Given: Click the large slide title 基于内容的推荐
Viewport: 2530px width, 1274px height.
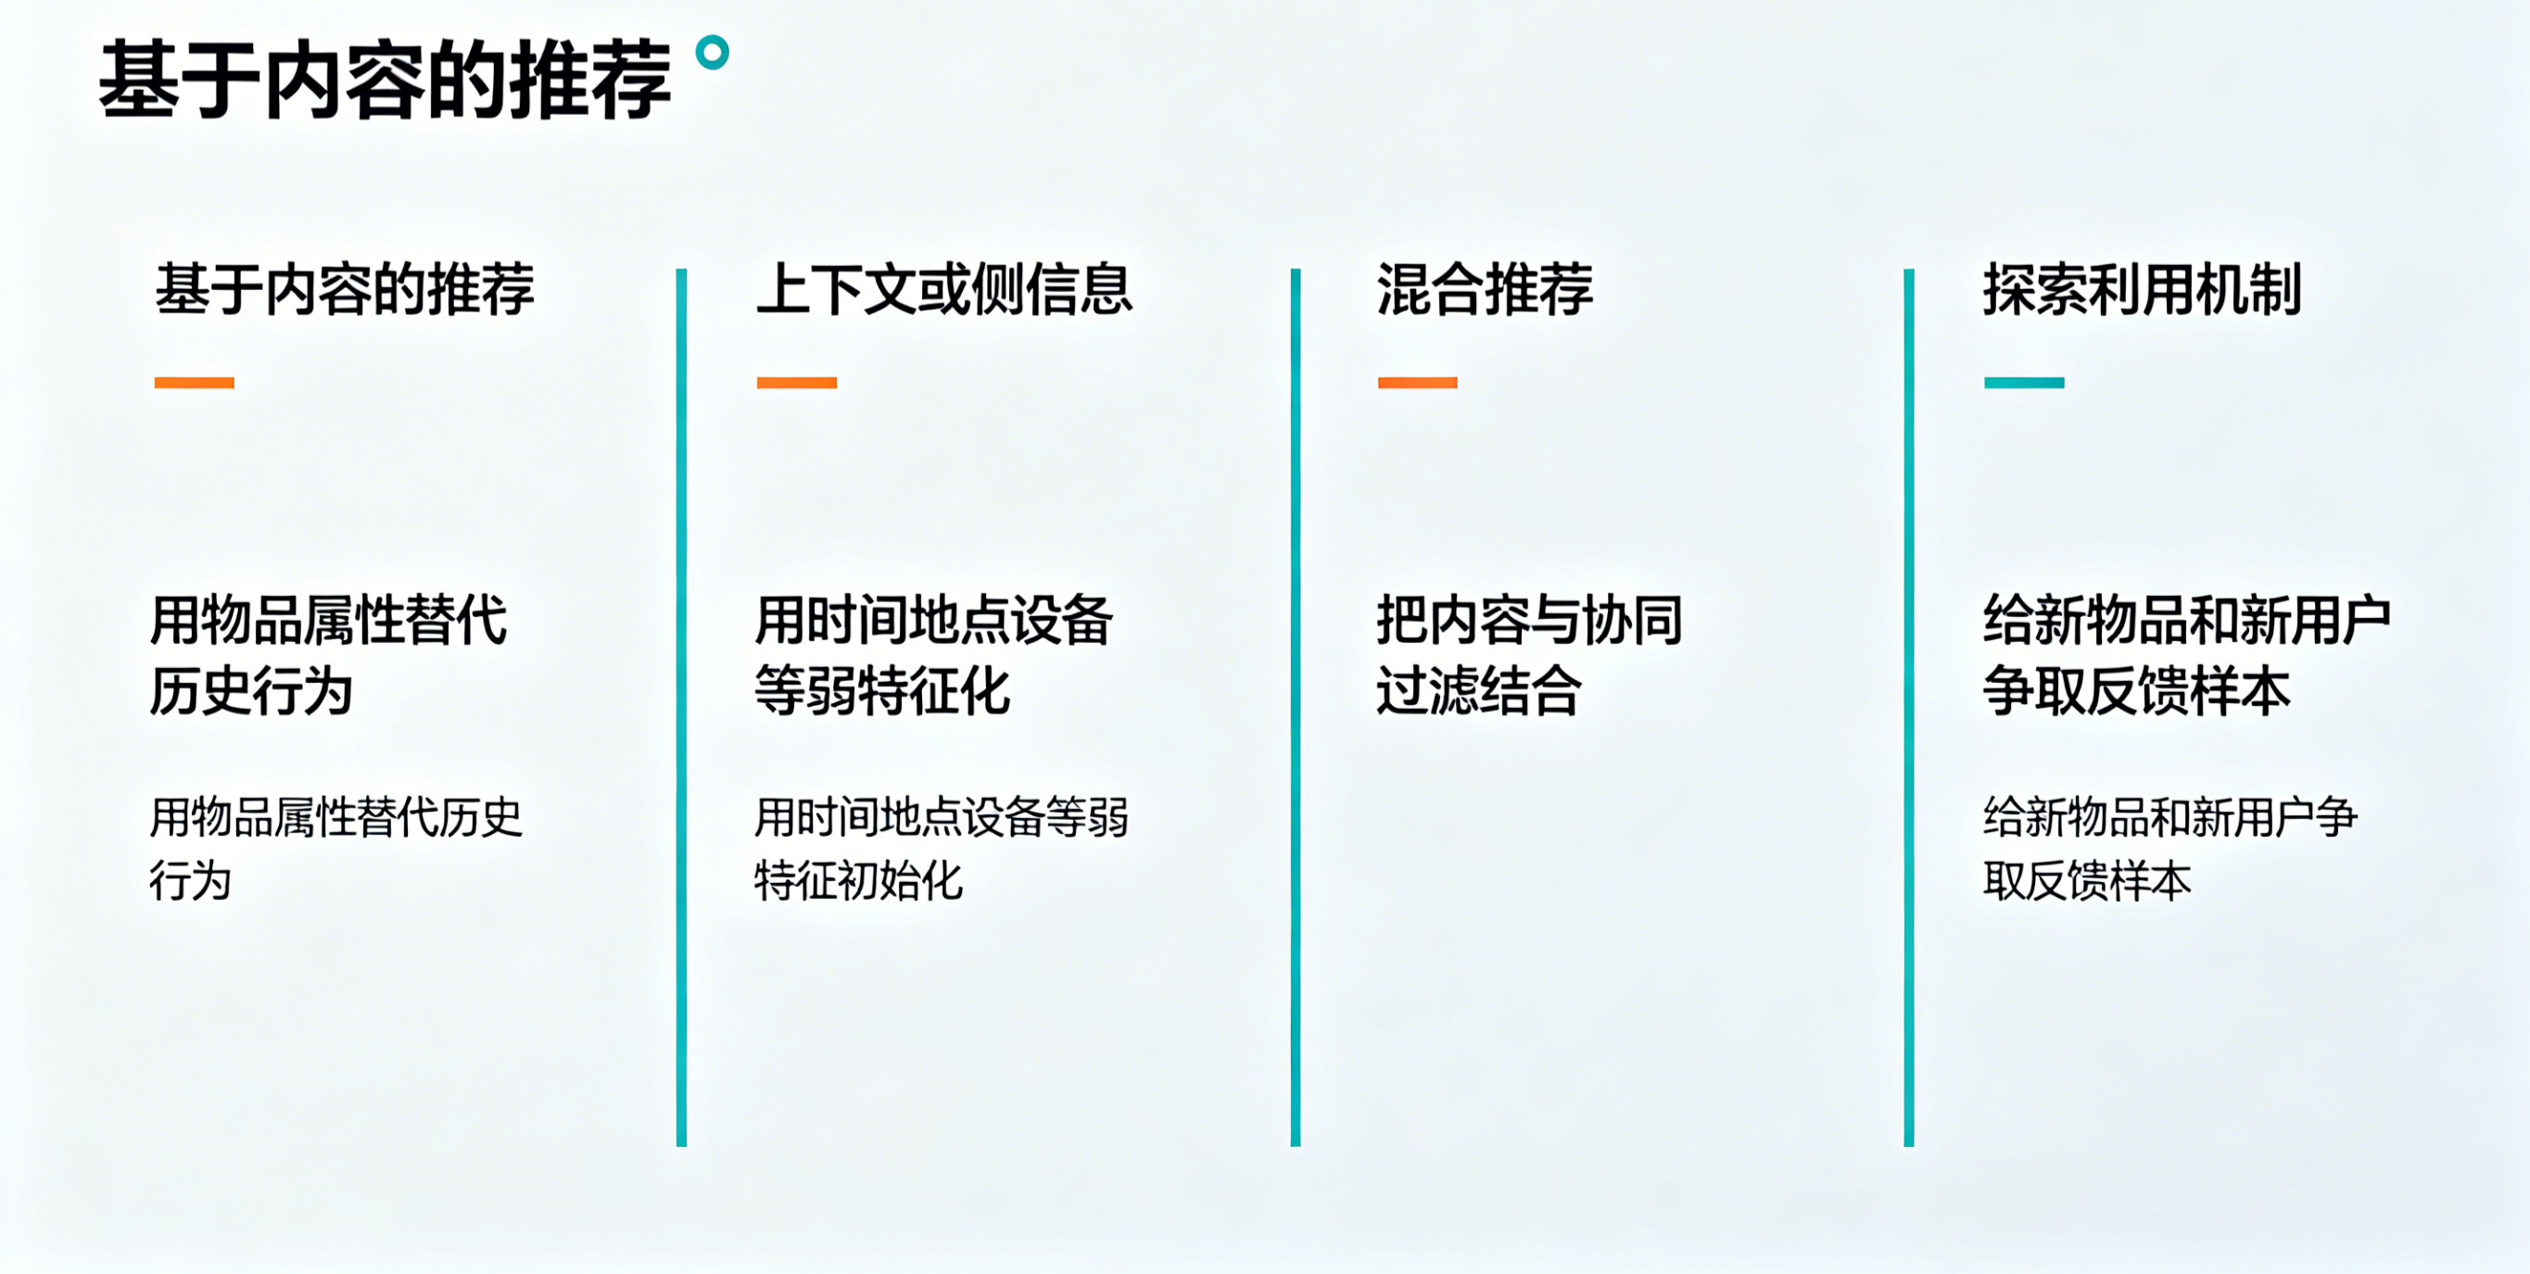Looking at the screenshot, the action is (385, 81).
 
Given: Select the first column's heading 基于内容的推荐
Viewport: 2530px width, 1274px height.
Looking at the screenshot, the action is (345, 290).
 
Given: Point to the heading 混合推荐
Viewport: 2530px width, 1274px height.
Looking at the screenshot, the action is (1485, 290).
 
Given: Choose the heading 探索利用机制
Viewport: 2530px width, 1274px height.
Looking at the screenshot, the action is (2142, 290).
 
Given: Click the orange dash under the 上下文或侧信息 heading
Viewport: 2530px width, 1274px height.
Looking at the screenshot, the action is (796, 382).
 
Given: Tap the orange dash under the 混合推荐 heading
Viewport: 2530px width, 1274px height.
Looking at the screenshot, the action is (1417, 382).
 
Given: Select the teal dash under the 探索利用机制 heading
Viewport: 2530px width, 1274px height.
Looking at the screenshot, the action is (2024, 382).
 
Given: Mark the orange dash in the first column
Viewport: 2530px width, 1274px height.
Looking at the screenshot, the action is (195, 382).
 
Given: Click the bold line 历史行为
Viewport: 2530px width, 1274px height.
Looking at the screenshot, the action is (251, 690).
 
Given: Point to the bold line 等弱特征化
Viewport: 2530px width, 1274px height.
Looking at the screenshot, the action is (882, 690).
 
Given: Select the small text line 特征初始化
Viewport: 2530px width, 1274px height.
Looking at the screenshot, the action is (858, 880).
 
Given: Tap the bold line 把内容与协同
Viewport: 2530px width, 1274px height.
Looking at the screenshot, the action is (1529, 620).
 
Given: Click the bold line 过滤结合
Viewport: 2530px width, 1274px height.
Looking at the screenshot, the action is (1478, 690).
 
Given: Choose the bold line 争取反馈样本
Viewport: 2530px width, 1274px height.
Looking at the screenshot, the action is (2136, 690).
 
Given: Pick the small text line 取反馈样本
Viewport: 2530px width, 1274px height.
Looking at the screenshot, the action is (2087, 880).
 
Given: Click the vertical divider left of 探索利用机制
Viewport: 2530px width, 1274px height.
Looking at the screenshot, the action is (1909, 707).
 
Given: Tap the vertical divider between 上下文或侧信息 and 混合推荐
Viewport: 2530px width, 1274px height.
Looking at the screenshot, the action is (1296, 707).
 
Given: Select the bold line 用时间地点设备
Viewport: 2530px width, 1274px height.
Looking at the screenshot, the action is (933, 620).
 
